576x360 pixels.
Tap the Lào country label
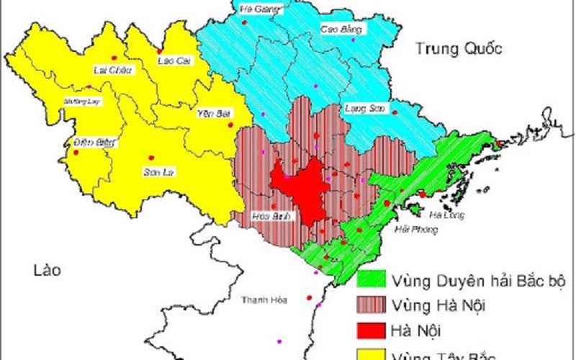click(45, 271)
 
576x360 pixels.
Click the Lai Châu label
click(109, 70)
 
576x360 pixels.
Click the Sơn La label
click(161, 172)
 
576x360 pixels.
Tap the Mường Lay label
click(83, 102)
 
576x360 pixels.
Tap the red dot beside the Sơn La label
click(150, 158)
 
